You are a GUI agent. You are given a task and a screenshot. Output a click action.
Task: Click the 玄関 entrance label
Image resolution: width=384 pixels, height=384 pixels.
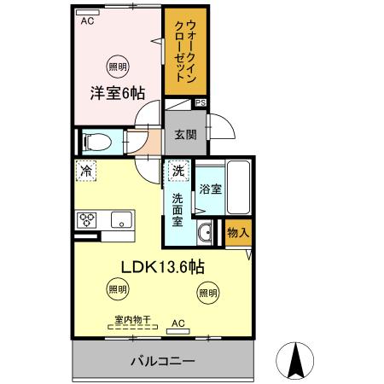pos(185,133)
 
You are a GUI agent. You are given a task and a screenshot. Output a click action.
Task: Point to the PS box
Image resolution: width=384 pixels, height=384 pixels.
pos(201,102)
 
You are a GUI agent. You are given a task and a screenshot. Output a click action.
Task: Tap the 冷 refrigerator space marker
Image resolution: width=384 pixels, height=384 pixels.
pos(86,171)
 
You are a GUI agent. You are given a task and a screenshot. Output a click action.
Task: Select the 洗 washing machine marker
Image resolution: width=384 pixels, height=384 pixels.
pos(177,171)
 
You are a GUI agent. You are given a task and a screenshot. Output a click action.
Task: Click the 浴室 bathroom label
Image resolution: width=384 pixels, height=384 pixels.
pos(211,189)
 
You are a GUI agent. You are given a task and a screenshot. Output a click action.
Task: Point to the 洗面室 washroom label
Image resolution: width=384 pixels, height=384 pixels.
pos(177,210)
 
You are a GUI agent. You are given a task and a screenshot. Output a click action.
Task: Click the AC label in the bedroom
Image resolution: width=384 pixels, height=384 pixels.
pos(86,21)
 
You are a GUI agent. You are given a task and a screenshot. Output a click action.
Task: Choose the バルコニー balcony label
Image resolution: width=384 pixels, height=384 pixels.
pos(162,361)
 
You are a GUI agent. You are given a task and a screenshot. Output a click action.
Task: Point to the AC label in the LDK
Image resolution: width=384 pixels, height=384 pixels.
pos(177,323)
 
